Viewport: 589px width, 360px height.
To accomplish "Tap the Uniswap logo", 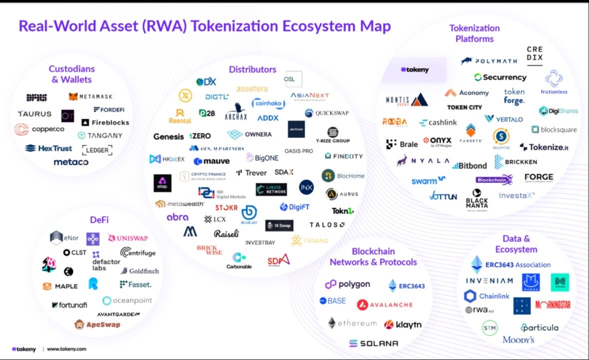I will tap(128, 238).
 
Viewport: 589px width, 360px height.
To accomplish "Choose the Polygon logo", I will tap(348, 284).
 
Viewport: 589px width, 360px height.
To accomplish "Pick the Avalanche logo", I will tap(385, 305).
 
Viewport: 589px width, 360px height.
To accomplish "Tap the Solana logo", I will tap(374, 344).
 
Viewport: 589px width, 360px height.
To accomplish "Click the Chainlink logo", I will tap(487, 296).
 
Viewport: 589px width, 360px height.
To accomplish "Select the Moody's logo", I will tap(519, 340).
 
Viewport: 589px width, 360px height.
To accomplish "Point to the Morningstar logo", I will tap(553, 304).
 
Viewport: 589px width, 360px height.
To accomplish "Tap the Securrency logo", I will tap(501, 77).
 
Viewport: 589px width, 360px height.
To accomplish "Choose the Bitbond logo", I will tap(470, 165).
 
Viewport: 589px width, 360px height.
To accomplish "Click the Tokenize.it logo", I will tap(544, 147).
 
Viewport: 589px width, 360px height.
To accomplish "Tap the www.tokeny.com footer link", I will tap(66, 350).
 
